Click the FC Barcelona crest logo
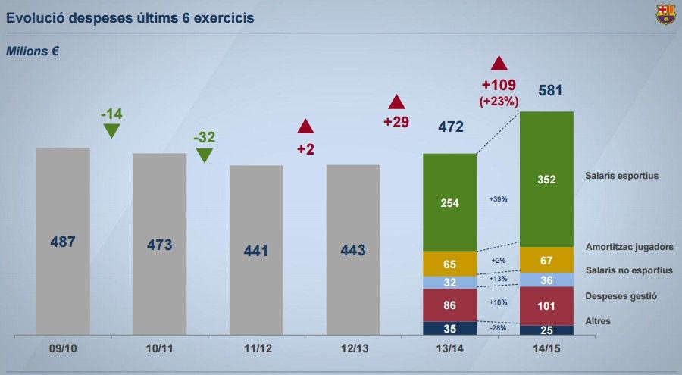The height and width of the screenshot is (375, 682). pos(665,14)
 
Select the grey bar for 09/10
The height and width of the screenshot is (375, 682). pos(63,241)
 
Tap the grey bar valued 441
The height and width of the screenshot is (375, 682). pos(256,250)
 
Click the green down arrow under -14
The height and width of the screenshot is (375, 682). pos(111,130)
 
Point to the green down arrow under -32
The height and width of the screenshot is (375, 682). pos(205,155)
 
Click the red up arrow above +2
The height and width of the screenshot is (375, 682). pos(305,127)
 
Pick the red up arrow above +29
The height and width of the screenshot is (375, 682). pos(396,102)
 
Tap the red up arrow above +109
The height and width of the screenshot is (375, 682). pos(498,64)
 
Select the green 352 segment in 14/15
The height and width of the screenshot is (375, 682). pos(546,180)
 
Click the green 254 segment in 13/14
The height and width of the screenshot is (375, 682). pos(449,202)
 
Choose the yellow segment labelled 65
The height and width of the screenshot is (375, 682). pos(449,264)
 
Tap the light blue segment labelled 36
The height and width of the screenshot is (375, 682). pos(546,280)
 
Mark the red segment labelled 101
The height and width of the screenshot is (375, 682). pos(546,306)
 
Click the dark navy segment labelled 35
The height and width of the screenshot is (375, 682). pos(449,328)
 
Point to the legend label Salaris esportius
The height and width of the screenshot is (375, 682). pos(621,176)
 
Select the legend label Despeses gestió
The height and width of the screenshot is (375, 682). pos(619,295)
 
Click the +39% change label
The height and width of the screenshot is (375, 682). pos(498,199)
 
